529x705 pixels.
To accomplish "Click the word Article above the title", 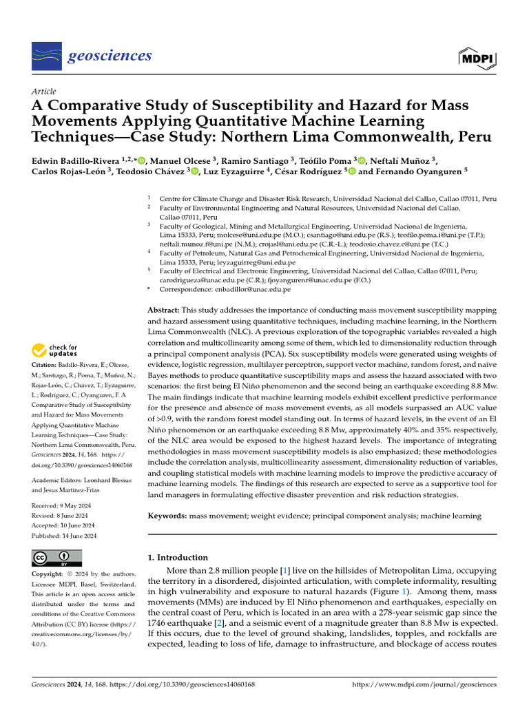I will pos(44,91).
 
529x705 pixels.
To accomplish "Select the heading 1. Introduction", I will pos(178,558).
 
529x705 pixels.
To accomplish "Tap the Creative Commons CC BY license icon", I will pos(56,557).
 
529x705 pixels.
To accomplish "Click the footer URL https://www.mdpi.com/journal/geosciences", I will pos(424,685).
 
